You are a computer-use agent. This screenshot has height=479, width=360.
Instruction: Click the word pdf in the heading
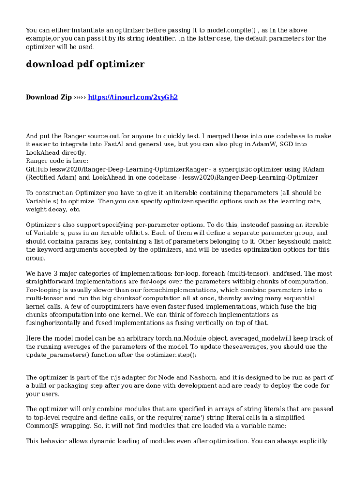(x=85, y=65)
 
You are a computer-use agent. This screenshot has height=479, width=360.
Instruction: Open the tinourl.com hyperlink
(x=133, y=97)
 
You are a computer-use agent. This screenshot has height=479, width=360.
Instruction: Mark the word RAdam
(x=314, y=169)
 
